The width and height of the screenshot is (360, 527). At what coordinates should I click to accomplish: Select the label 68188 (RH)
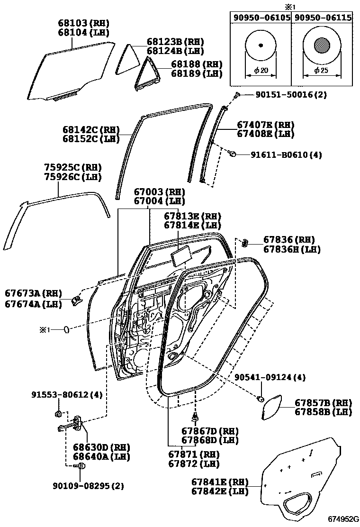pyautogui.click(x=196, y=64)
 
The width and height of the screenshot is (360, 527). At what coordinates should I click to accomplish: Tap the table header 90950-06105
pyautogui.click(x=261, y=18)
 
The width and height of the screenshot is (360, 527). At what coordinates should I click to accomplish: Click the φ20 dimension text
pyautogui.click(x=261, y=71)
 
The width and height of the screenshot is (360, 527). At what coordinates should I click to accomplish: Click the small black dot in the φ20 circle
pyautogui.click(x=261, y=45)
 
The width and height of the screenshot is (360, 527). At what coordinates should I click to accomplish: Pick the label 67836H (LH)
pyautogui.click(x=292, y=249)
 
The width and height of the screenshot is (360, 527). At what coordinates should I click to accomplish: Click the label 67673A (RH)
pyautogui.click(x=34, y=294)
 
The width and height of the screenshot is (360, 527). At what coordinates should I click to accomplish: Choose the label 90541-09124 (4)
pyautogui.click(x=270, y=377)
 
